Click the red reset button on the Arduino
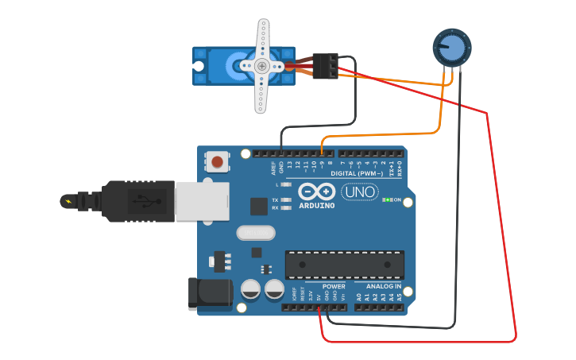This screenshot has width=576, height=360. [217, 162]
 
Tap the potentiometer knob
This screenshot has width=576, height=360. [450, 48]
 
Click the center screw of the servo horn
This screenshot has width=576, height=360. [262, 66]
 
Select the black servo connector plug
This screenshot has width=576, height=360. [325, 66]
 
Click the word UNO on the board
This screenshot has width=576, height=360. [360, 192]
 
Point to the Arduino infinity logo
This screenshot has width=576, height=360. [316, 192]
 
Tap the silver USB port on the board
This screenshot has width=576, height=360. [200, 201]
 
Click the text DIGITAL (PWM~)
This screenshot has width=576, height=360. [354, 172]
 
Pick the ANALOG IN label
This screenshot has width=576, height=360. [384, 286]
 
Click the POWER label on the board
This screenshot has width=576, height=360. [334, 286]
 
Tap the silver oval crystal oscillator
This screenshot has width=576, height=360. [255, 233]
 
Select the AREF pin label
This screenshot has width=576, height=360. [273, 168]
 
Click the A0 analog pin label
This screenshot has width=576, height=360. [359, 296]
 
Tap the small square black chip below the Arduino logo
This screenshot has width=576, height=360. [259, 206]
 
